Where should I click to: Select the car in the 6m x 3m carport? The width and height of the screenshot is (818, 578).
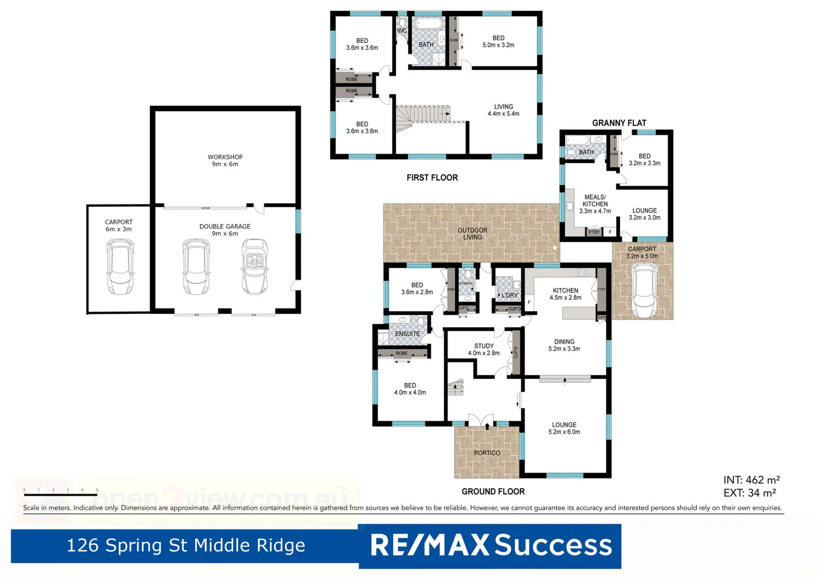[x=120, y=266]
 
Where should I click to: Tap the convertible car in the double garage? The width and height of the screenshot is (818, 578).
[x=254, y=266]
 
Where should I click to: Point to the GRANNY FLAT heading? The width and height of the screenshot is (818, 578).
[x=619, y=123]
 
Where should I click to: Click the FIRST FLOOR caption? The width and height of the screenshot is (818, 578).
[x=432, y=178]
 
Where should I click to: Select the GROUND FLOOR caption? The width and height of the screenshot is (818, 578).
[x=493, y=491]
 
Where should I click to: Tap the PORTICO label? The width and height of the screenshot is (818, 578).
[x=487, y=453]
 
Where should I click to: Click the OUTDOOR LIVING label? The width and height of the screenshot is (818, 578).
[x=472, y=234]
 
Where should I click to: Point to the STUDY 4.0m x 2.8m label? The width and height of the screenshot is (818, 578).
[x=483, y=349]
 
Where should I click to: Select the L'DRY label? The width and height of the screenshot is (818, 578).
[x=509, y=295]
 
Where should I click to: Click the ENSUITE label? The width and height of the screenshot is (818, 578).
[x=407, y=334]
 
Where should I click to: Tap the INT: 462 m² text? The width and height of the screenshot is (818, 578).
[x=751, y=480]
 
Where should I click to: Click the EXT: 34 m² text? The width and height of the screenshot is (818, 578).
[x=749, y=493]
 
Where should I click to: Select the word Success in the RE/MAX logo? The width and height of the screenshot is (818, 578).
[x=553, y=545]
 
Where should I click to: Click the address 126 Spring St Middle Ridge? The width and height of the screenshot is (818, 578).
[x=185, y=545]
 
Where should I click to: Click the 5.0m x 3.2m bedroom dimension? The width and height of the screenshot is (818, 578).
[x=498, y=45]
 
